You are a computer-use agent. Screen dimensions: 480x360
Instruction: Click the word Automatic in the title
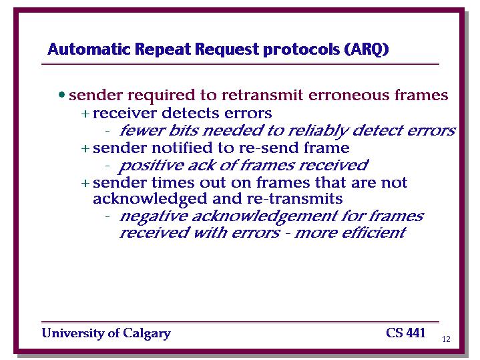coord(89,49)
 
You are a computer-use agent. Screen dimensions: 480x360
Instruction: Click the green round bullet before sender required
coord(62,95)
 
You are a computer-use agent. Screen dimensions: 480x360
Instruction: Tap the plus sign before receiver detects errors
coord(85,114)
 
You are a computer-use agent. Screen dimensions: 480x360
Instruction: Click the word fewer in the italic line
coord(142,130)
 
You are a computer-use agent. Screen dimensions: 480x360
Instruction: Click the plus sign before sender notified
coord(85,148)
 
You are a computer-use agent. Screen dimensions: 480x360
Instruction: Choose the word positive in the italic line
coord(152,166)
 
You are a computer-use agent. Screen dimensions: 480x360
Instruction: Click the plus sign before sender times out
coord(85,183)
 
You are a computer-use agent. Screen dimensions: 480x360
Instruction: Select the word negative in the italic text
coord(154,217)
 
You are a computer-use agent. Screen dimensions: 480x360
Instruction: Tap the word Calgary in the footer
coord(147,334)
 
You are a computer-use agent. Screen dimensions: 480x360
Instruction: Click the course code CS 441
coord(406,333)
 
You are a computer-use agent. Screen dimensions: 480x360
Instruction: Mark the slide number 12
coord(447,339)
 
